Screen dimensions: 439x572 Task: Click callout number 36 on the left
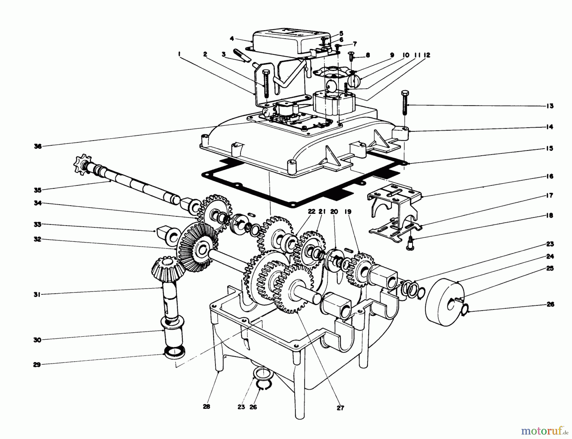click(38, 146)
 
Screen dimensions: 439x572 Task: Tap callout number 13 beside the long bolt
click(550, 106)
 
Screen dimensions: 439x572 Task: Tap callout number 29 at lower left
click(37, 365)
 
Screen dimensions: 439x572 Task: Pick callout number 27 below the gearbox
click(340, 408)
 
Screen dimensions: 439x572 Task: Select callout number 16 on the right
click(550, 176)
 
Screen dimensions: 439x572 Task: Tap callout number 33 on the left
click(37, 225)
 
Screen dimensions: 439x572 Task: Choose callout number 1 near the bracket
click(180, 55)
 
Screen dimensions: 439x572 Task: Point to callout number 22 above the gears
click(312, 212)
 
